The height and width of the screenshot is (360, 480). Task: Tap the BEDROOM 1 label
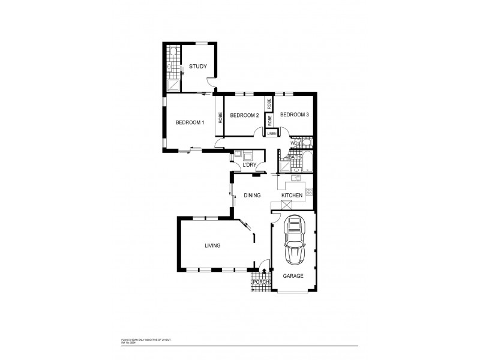(190, 122)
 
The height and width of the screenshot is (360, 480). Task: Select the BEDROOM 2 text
(244, 115)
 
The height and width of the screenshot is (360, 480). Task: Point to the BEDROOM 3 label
(294, 115)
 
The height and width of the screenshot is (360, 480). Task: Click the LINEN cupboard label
(271, 133)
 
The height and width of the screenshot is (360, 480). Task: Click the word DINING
(252, 196)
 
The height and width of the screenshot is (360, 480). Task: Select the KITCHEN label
(292, 196)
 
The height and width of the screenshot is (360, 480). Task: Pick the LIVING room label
(212, 245)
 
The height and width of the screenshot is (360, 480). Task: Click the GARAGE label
(293, 276)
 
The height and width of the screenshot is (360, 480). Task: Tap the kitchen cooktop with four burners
(309, 191)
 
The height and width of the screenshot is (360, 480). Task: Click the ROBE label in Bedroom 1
(220, 117)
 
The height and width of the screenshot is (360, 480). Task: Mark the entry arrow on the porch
(263, 271)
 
